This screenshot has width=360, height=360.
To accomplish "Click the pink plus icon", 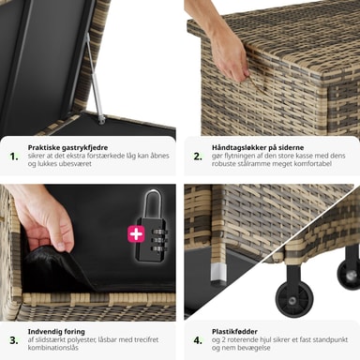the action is click(136, 233).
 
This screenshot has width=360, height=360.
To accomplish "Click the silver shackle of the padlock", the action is click(153, 204).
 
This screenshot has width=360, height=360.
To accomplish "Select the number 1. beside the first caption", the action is click(14, 157).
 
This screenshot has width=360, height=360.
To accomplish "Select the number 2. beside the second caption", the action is click(198, 157).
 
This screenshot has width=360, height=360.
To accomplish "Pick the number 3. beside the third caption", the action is click(14, 340).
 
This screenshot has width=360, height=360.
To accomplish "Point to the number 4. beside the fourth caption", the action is click(198, 340).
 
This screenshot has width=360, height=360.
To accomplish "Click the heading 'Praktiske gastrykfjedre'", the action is click(67, 147).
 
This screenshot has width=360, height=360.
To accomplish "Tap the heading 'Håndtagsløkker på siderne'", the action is click(258, 147).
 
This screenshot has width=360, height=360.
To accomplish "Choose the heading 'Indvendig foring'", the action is click(56, 332).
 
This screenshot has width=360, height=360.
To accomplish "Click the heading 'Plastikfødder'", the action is click(234, 332).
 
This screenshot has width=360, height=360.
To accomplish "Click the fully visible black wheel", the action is click(293, 300).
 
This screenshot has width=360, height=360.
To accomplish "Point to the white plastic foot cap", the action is click(217, 272).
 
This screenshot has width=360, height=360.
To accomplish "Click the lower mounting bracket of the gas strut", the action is click(101, 119).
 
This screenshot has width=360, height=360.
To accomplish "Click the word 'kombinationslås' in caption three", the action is click(52, 348).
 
